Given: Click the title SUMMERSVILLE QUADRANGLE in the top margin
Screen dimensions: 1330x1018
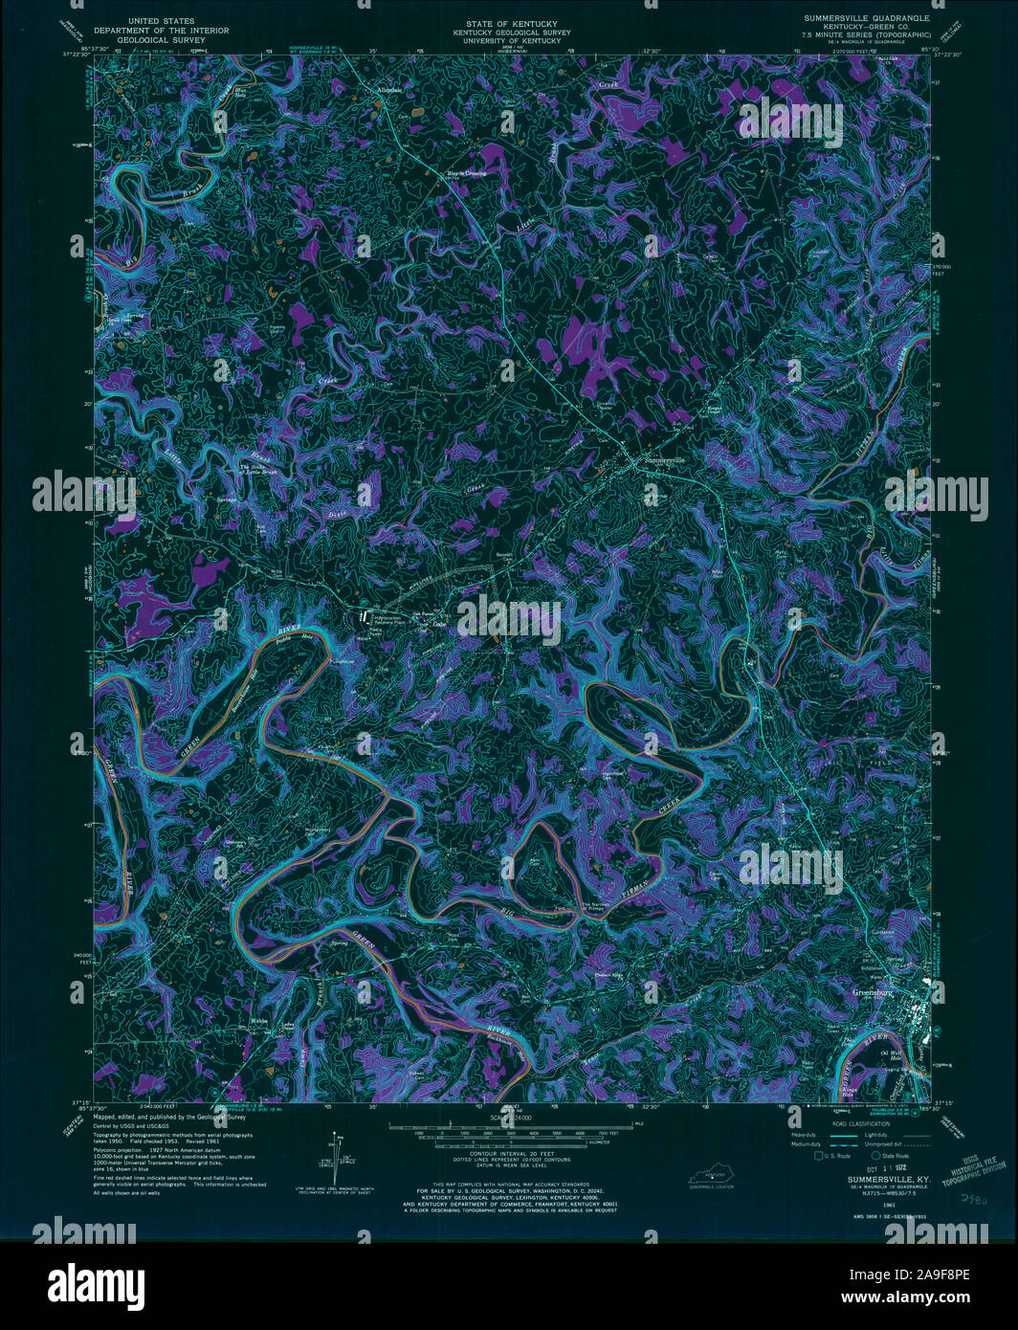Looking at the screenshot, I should [x=867, y=18].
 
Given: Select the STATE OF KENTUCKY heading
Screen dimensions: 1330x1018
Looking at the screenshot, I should [x=510, y=19].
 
